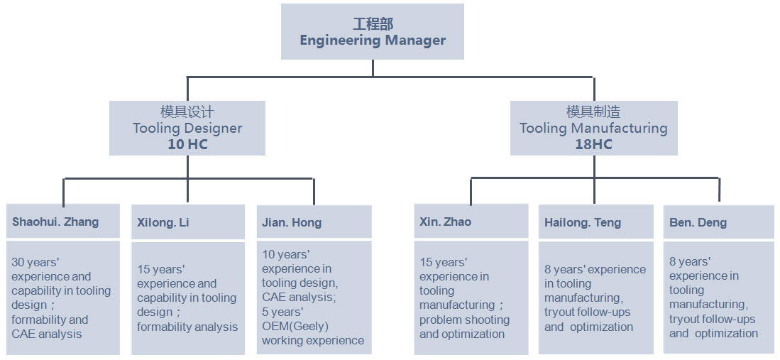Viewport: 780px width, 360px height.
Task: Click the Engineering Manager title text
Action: (373, 40)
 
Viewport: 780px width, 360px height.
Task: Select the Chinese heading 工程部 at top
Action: (373, 24)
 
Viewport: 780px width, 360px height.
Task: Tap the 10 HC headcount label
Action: (187, 144)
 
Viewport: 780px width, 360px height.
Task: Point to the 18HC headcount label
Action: (593, 144)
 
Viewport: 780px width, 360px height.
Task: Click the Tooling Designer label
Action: (187, 129)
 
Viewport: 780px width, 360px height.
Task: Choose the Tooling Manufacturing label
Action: (593, 129)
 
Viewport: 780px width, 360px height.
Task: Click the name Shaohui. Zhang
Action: (55, 222)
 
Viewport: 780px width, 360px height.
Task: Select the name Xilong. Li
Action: (163, 223)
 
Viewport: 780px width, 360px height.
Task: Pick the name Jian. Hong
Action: (292, 223)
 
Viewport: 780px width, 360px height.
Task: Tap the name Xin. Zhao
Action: (445, 222)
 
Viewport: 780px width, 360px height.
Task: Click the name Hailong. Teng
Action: (583, 223)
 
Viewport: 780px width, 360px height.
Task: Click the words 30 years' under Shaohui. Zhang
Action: (35, 262)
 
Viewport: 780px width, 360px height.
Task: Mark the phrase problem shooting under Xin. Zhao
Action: (464, 320)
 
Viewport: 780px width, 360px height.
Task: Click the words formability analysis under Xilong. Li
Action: (187, 327)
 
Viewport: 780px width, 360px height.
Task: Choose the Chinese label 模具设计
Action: (187, 112)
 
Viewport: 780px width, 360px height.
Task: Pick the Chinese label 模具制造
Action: (593, 112)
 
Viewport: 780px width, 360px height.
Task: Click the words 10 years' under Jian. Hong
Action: (286, 254)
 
